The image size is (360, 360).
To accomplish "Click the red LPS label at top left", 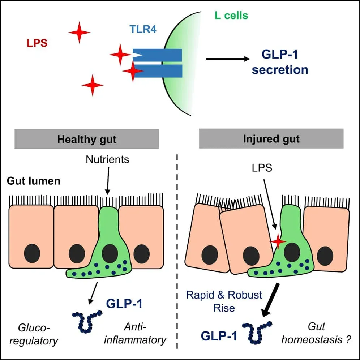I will (37, 43).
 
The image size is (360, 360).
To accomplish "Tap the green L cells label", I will (230, 16).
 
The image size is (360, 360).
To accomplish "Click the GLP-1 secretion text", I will (280, 62).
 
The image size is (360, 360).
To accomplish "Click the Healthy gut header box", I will (87, 139).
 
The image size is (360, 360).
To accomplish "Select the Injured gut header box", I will (271, 139).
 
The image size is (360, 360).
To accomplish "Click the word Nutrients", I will (107, 159).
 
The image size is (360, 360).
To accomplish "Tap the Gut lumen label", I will (33, 181).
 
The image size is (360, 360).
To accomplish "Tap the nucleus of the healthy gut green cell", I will (110, 253).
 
